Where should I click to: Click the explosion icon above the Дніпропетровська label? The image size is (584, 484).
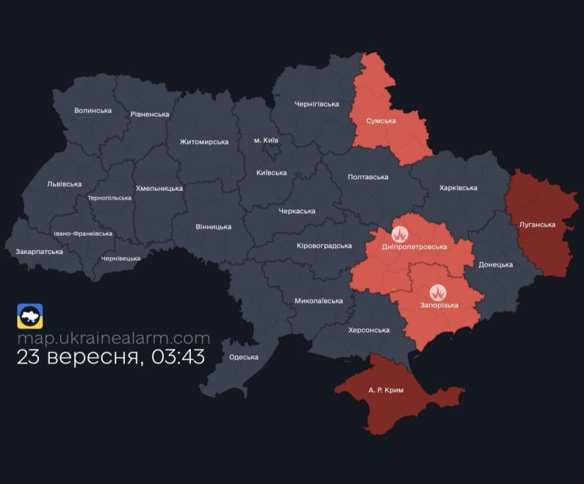401,235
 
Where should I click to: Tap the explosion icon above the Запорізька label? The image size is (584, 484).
438,292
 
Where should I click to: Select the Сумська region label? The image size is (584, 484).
381,121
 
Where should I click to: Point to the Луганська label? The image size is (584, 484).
538,225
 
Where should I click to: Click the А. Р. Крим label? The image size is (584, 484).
386,390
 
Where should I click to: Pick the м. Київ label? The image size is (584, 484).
266,140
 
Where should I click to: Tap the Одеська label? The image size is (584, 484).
244,357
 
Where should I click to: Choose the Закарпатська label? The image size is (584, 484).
40,252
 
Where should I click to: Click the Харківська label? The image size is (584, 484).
458,188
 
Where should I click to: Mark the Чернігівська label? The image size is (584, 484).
317,104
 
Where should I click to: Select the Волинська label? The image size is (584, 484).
93,111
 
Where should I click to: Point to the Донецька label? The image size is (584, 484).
495,265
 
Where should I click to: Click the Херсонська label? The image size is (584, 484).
369,330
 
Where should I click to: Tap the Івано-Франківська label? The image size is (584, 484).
83,234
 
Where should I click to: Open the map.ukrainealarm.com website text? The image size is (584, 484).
114,338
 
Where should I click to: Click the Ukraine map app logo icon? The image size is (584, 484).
30,316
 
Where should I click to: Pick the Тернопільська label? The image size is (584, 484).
110,198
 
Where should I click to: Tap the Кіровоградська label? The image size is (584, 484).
324,246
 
